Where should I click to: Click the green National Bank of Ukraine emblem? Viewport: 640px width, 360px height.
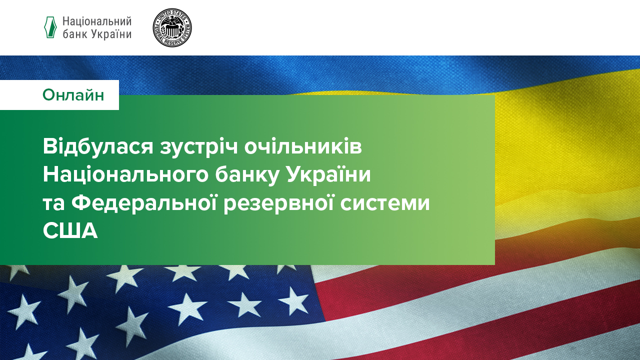(50, 27)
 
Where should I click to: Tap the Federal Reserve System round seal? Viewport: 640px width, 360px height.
(172, 27)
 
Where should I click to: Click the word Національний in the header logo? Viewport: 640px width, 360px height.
(97, 21)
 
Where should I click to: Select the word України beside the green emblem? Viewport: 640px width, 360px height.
(111, 34)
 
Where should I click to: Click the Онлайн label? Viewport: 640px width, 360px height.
(73, 95)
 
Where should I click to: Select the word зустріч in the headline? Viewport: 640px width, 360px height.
(199, 147)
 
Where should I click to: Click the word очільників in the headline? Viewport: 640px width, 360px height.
(303, 146)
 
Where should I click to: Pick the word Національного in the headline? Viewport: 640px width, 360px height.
(125, 174)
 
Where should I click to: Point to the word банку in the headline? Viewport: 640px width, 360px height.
(247, 175)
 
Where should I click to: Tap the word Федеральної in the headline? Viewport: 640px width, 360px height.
(144, 203)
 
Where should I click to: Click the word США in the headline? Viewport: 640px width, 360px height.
(70, 231)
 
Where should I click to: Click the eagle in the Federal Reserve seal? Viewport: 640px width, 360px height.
(172, 27)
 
